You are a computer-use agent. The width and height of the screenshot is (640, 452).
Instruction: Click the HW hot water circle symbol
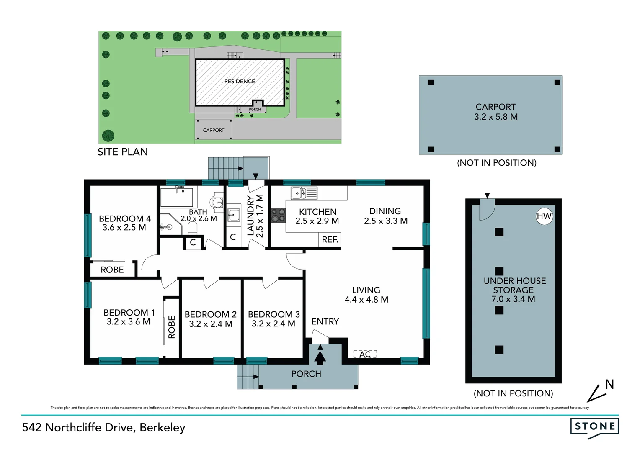[x=544, y=216]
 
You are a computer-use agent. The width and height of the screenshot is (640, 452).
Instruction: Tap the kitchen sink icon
[x=304, y=193]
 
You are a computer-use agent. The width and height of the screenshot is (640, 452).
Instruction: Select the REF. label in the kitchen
[x=330, y=240]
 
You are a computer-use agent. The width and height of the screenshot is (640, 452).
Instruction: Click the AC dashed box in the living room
[x=365, y=354]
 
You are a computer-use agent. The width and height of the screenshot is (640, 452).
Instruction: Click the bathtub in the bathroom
[x=176, y=197]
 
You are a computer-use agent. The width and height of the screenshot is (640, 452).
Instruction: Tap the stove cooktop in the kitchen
[x=278, y=215]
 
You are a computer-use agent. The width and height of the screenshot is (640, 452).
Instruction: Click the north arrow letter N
[x=609, y=384]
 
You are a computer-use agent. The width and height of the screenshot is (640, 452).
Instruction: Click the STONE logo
[x=594, y=427]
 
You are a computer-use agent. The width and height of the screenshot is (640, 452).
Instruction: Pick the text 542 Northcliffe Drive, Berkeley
[x=103, y=427]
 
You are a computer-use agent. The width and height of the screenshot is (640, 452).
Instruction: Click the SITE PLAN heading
[x=123, y=152]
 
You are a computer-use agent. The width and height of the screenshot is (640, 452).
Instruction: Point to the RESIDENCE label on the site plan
[x=240, y=81]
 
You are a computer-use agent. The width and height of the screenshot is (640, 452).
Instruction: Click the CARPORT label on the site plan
[x=214, y=130]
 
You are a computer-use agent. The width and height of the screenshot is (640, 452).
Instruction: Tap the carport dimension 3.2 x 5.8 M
[x=495, y=117]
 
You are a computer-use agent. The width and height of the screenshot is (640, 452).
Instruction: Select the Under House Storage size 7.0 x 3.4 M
[x=513, y=299]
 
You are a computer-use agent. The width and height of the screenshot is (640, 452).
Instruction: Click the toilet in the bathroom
[x=193, y=228]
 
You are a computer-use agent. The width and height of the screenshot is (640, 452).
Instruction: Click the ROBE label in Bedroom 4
[x=112, y=270]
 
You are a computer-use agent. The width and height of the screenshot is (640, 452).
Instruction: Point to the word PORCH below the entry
[x=306, y=374]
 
